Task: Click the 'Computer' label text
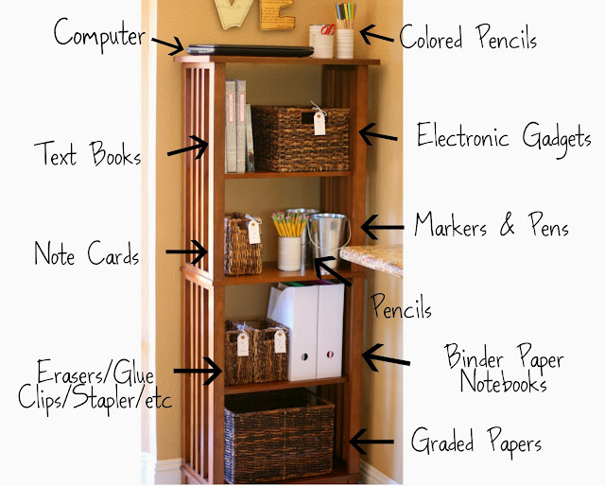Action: point(99,35)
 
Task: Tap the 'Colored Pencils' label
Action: point(468,39)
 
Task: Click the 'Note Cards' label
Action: point(86,253)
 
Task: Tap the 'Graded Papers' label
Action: point(477,441)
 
